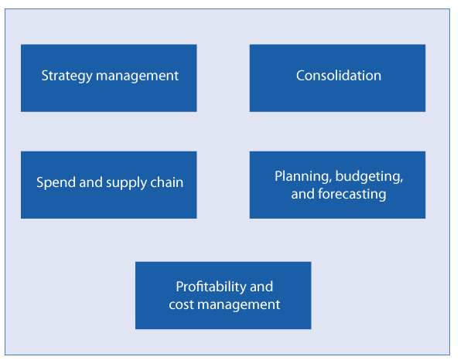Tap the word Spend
click(x=54, y=183)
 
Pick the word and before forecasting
click(x=302, y=194)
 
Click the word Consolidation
click(x=339, y=76)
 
